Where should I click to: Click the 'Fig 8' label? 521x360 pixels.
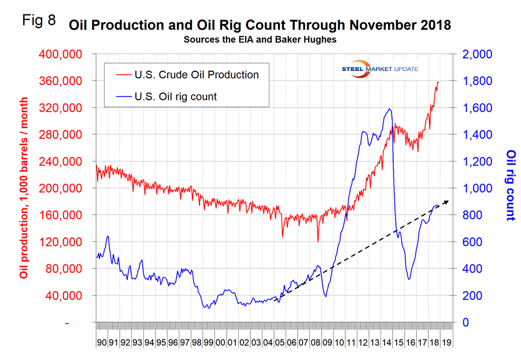(x=39, y=21)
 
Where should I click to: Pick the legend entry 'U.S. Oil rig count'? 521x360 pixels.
(x=175, y=97)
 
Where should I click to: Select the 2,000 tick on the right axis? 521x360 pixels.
(x=476, y=54)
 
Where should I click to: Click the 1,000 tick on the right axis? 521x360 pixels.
(x=476, y=189)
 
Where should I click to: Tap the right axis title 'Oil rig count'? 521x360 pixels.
(x=511, y=185)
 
